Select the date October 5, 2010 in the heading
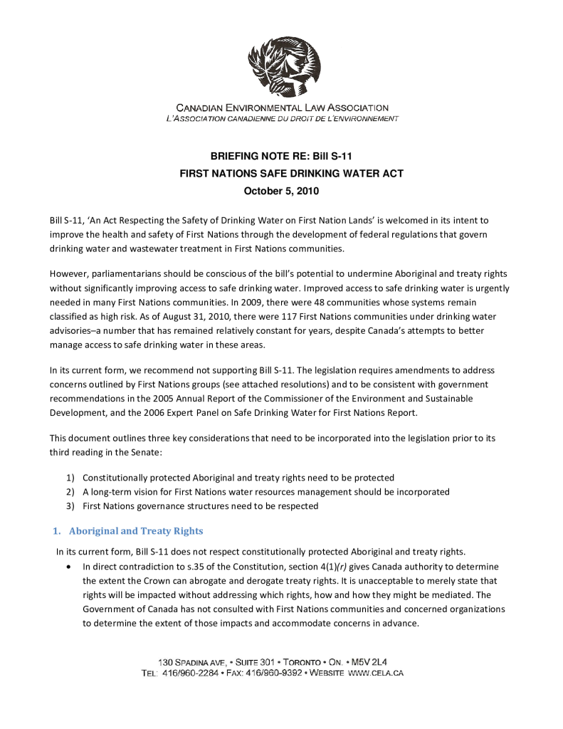coord(281,192)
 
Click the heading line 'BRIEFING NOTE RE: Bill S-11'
coord(281,156)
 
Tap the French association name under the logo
coord(282,118)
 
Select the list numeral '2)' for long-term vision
coord(70,492)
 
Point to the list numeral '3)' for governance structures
coord(70,506)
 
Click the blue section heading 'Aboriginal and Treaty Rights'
coord(136,531)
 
